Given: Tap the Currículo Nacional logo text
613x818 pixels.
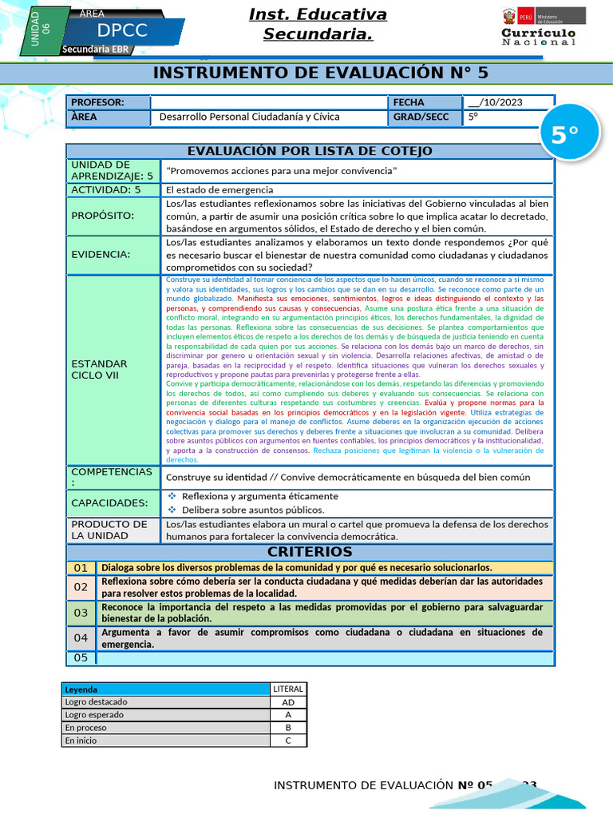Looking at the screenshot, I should (538, 37).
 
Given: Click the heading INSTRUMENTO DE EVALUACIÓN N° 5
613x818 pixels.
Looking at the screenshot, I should (319, 73).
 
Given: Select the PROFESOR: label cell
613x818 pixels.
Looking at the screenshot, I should (108, 102).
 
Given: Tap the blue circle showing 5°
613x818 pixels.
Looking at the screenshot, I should (564, 136).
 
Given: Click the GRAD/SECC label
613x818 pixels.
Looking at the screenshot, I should (424, 117).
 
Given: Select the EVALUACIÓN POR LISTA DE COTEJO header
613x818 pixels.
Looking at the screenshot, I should (310, 151).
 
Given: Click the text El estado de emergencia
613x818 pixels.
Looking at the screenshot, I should (219, 190).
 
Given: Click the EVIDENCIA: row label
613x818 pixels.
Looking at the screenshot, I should (101, 254).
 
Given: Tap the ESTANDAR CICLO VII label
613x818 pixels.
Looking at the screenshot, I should (99, 369).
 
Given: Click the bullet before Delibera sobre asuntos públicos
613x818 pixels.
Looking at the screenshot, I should (172, 510).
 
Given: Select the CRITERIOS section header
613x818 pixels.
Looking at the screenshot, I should (310, 552).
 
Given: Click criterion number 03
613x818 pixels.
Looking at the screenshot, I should (81, 613).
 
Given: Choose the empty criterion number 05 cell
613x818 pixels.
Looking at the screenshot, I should (81, 658).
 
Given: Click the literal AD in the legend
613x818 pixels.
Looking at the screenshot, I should (288, 702).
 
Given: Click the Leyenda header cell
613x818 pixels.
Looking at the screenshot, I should (81, 689).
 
